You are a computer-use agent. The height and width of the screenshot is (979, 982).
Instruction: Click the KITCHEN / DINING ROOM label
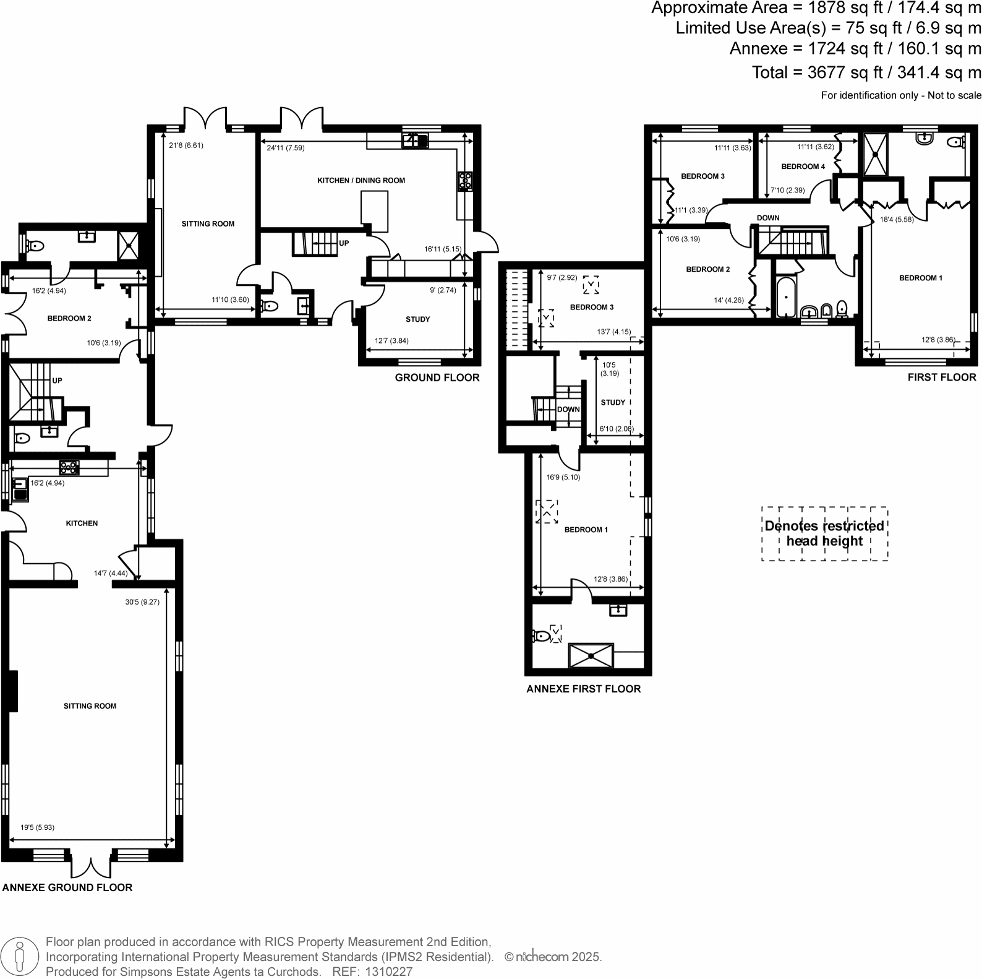click(361, 181)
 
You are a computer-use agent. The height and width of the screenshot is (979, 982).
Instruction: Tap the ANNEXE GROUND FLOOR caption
click(67, 887)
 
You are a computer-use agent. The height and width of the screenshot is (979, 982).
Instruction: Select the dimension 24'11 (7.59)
click(286, 148)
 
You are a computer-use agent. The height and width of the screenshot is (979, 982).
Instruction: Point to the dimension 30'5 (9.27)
click(142, 602)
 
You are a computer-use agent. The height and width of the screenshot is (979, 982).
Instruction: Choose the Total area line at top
click(866, 72)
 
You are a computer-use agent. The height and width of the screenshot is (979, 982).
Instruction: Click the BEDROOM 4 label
click(803, 166)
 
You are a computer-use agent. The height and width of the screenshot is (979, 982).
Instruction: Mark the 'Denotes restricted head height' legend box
click(824, 533)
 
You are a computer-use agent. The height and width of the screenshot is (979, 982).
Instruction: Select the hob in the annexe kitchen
click(69, 467)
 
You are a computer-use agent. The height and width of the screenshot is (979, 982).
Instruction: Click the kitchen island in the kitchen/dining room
click(374, 211)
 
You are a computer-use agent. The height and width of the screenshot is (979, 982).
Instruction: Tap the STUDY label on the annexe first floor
click(613, 402)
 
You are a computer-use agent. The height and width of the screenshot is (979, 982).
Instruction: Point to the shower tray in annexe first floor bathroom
click(591, 656)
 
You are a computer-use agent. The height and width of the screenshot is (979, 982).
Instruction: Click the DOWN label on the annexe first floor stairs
click(568, 410)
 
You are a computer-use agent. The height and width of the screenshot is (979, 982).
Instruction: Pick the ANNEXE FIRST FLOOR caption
click(583, 689)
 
